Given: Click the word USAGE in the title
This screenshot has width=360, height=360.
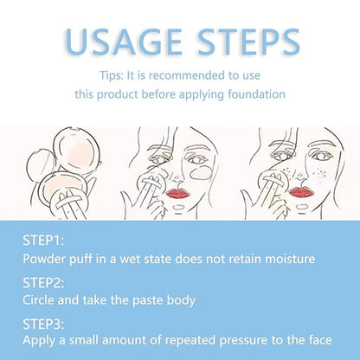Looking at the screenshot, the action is (124, 42).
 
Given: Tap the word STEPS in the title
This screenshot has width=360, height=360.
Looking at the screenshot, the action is (249, 42).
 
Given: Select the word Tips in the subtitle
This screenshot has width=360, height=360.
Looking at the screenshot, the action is (112, 75).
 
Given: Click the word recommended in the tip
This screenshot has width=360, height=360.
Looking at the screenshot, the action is (186, 75).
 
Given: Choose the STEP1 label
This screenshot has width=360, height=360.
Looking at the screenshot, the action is (43, 241).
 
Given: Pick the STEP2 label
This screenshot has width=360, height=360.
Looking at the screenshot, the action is (43, 283).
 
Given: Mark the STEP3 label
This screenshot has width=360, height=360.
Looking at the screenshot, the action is (43, 324).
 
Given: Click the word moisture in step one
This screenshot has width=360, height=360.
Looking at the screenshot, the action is (290, 259).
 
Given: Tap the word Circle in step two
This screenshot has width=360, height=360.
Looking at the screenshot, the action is (39, 300).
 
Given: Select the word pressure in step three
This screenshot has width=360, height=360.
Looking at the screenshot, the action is (243, 340).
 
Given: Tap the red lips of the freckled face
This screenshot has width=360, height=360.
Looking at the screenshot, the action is (301, 192).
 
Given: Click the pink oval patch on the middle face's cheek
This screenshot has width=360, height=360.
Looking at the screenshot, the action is (202, 172).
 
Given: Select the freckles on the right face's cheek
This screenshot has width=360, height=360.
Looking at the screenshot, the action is (319, 173).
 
